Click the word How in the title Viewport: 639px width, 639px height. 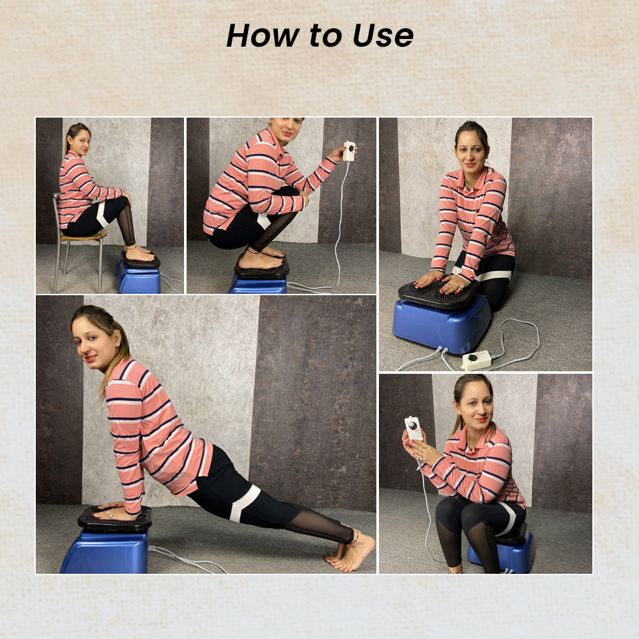263,35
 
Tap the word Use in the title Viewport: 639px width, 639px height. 383,35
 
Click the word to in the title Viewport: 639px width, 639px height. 325,36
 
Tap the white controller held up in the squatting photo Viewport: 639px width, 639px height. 349,151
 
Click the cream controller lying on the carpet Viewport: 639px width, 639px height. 477,360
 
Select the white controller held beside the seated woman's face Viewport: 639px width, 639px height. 413,428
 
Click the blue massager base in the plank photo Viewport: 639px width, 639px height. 105,552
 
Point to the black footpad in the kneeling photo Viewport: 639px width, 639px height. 438,293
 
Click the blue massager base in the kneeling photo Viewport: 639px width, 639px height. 442,324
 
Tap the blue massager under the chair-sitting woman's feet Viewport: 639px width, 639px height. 138,277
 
